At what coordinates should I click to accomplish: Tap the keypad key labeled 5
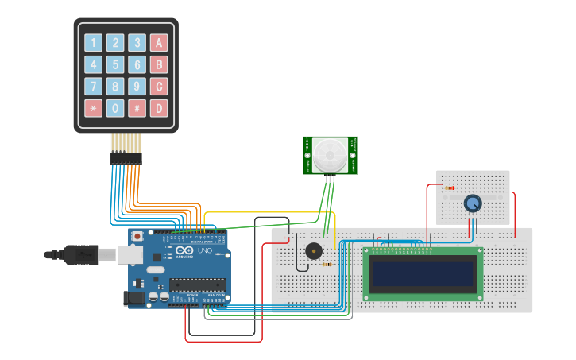[115, 65]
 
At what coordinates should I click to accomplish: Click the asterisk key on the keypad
[94, 108]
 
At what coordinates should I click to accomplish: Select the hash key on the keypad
[137, 108]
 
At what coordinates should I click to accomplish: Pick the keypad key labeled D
[159, 108]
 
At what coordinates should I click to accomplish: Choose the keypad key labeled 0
[115, 108]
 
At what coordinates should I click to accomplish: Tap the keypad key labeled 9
[137, 87]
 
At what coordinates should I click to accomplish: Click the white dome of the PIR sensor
[330, 154]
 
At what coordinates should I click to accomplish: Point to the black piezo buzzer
[315, 252]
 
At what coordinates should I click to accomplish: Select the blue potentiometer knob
[473, 203]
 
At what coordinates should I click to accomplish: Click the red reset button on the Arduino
[137, 236]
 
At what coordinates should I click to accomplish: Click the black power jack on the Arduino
[133, 298]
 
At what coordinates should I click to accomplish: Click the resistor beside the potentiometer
[449, 188]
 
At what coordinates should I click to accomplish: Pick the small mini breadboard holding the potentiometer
[473, 197]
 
